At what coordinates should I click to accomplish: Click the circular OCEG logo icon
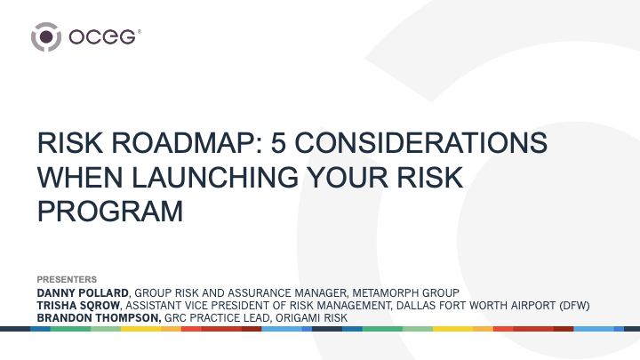[46, 37]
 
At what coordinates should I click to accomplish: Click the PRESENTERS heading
[66, 279]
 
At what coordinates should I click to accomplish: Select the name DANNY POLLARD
[83, 292]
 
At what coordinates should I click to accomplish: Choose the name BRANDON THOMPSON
[98, 317]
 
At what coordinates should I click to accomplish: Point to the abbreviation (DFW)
[573, 305]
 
